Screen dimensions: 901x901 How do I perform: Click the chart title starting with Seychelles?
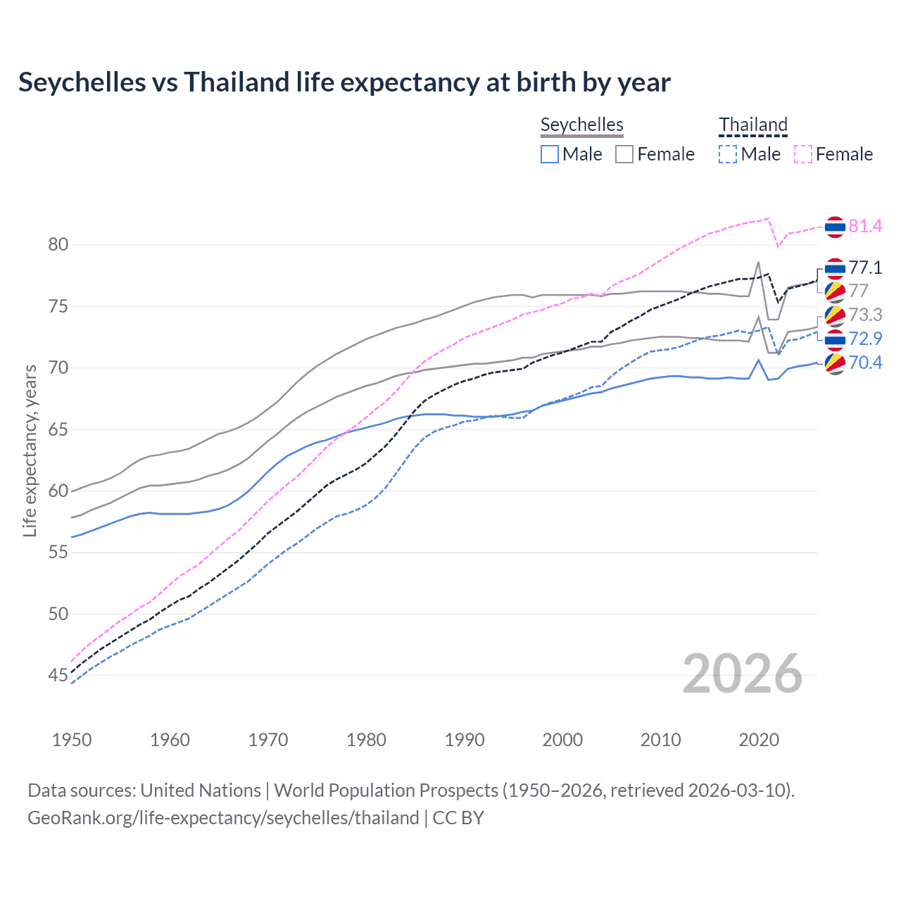point(344,82)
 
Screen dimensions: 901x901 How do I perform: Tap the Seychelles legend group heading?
point(581,125)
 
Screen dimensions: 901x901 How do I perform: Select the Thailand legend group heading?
point(752,125)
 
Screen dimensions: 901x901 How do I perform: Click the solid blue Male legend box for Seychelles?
point(550,154)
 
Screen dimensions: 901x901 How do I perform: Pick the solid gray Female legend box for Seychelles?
point(624,154)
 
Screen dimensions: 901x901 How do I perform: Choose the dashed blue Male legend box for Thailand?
point(728,154)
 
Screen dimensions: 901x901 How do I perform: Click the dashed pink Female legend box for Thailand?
point(803,154)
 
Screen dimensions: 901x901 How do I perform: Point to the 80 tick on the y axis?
point(58,245)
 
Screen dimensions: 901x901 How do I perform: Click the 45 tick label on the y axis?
point(58,676)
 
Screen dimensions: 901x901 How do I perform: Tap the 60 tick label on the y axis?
point(58,491)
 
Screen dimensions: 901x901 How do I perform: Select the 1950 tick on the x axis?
point(72,740)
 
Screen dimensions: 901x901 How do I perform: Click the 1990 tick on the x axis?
point(465,740)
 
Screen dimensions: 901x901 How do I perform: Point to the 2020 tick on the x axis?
point(759,740)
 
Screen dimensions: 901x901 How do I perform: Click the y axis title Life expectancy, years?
point(30,450)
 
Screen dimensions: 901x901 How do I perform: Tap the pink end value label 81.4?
point(865,226)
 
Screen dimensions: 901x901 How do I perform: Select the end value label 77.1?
point(865,267)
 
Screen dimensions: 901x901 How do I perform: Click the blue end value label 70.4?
point(865,363)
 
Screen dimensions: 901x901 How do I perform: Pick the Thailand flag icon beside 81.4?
point(835,227)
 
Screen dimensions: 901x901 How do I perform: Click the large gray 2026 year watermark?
point(743,674)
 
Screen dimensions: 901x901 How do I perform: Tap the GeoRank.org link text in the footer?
point(223,818)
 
